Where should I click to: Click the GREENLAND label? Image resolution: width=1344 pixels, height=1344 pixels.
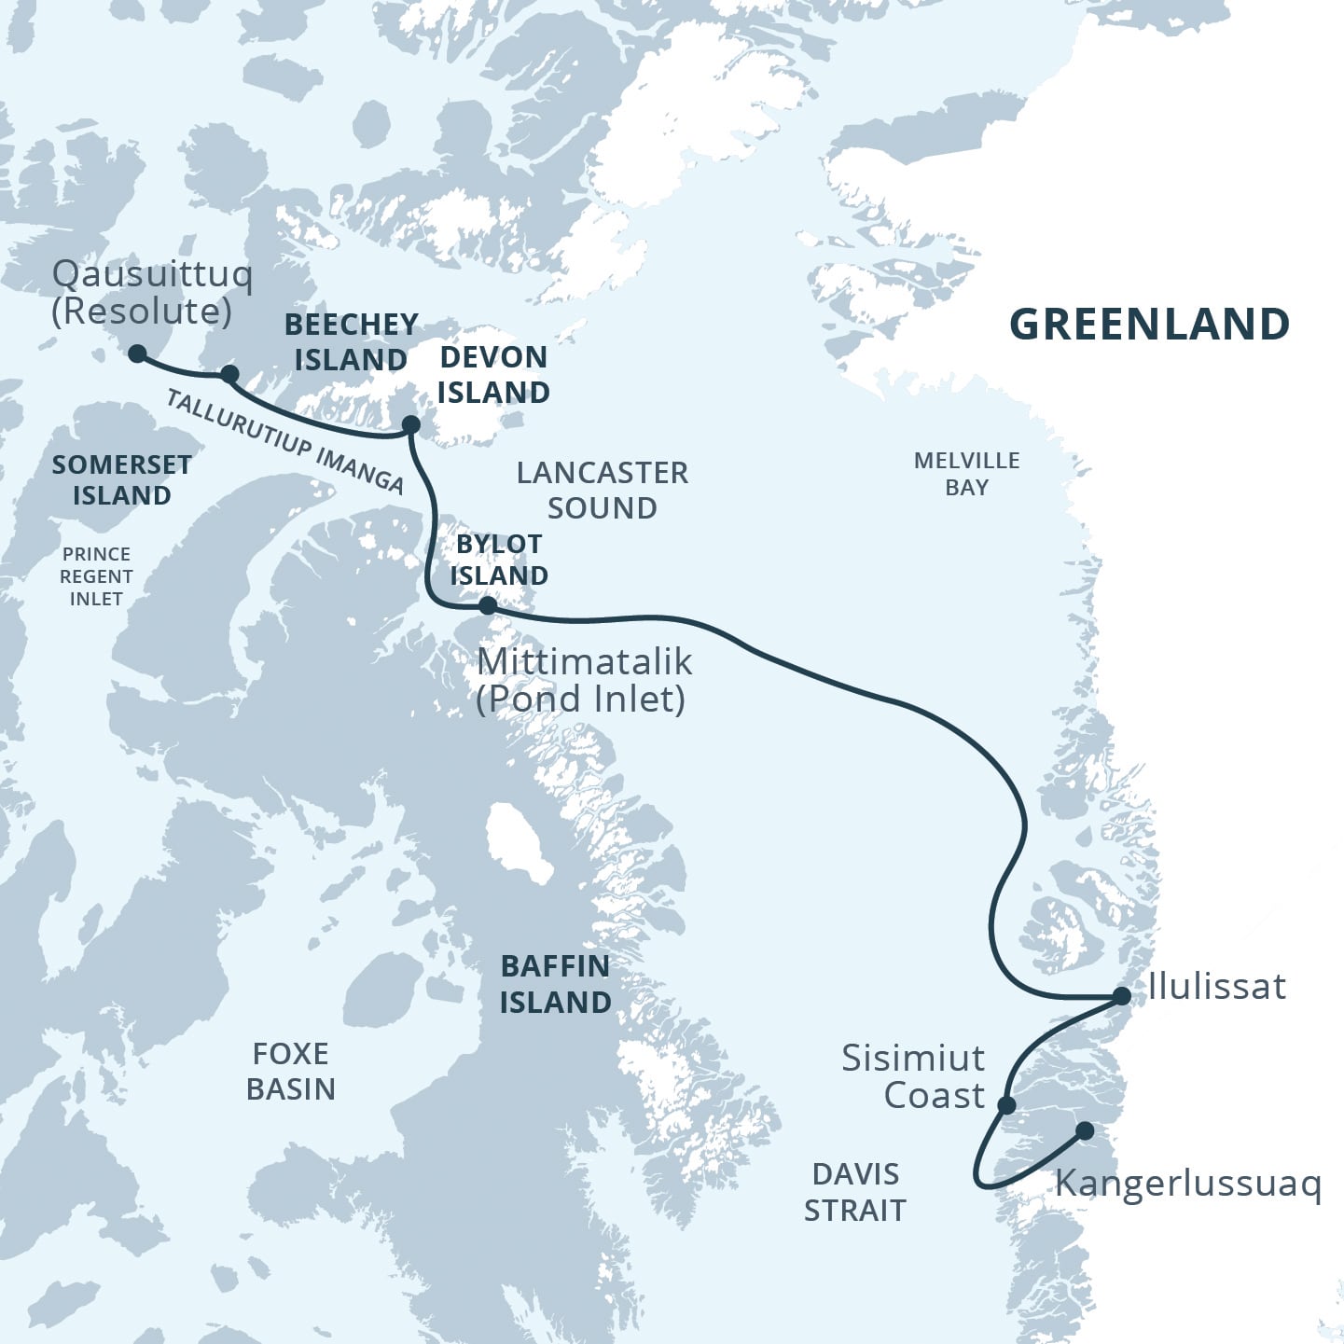point(1149,325)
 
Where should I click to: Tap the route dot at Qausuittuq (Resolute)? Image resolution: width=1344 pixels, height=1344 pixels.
point(137,353)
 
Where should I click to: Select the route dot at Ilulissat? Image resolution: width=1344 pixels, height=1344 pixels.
point(1122,996)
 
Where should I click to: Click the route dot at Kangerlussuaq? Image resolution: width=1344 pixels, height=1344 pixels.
point(1085,1131)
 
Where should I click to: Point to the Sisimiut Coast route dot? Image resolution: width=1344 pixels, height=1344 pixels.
point(1006,1106)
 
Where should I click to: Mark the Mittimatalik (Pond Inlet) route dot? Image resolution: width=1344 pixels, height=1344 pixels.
point(487,606)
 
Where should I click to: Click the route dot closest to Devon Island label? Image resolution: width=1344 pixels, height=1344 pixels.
point(410,425)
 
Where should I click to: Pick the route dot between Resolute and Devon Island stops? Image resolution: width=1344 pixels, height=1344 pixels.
point(229,374)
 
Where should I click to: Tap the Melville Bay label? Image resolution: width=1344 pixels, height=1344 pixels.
point(966,474)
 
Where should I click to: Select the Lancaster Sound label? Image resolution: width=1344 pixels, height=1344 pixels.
point(602,491)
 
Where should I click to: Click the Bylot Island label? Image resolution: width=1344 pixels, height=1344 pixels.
point(499,560)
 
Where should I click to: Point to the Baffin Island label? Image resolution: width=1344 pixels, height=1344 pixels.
point(555,984)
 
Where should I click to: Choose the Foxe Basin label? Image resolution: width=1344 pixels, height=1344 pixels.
point(290,1072)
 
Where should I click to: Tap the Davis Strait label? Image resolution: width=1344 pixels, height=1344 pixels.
point(855,1192)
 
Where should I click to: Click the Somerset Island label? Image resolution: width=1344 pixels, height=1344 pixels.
point(121,479)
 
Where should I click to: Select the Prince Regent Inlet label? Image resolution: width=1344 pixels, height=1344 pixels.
point(96,576)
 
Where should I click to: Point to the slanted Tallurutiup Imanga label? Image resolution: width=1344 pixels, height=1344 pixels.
point(284,441)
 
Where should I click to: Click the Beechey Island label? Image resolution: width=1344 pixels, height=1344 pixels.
point(351,341)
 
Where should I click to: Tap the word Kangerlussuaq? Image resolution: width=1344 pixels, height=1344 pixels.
point(1187,1184)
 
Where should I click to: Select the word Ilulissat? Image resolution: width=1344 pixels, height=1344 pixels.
point(1216,986)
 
